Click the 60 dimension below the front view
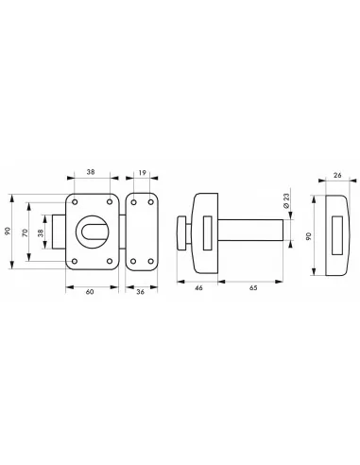[x=89, y=292]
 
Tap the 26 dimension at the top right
[x=338, y=175]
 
